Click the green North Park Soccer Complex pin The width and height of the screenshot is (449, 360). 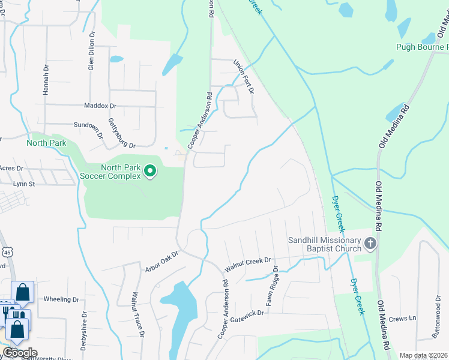150,172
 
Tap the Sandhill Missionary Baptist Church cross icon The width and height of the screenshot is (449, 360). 370,244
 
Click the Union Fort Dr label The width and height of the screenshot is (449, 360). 244,76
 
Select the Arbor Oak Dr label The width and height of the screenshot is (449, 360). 162,262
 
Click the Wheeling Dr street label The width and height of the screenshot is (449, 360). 62,299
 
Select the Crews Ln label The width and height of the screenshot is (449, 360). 402,318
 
